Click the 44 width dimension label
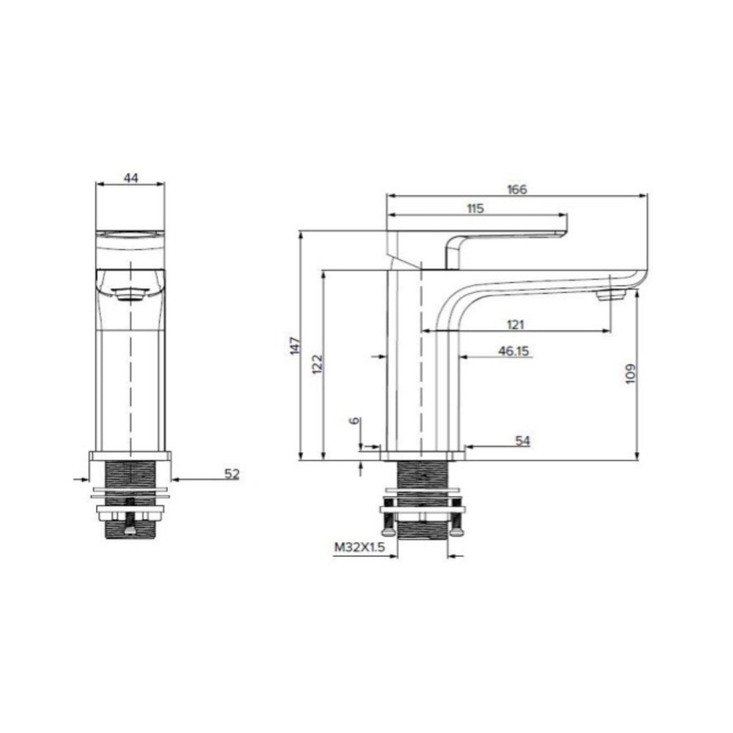click(x=131, y=178)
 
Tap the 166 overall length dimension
click(x=517, y=189)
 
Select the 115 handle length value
click(x=475, y=208)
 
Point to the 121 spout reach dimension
click(x=516, y=324)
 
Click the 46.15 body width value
click(x=514, y=351)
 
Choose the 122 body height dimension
click(x=317, y=364)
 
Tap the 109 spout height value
click(x=630, y=374)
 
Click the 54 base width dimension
click(x=522, y=441)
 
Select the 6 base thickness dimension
click(x=355, y=420)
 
